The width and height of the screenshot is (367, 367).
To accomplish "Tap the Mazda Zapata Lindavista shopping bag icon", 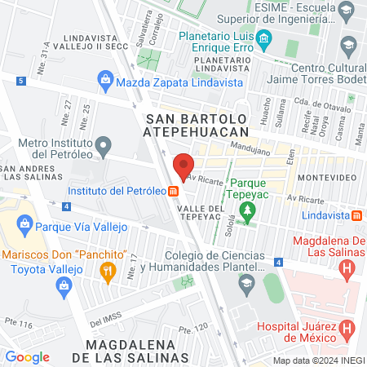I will coord(105,80).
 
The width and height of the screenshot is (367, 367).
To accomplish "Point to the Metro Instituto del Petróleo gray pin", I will coord(103,148).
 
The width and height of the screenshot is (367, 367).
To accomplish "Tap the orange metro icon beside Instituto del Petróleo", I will coord(174,192).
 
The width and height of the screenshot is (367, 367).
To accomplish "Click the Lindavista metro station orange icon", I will coord(357,215).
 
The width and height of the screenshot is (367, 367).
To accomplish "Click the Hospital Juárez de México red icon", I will coord(347,329).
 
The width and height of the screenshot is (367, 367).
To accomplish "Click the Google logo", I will coord(27,356).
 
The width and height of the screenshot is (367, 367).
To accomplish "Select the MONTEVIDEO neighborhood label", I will coord(324,177).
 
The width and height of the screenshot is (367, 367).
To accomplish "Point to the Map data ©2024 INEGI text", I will coord(317,360).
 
